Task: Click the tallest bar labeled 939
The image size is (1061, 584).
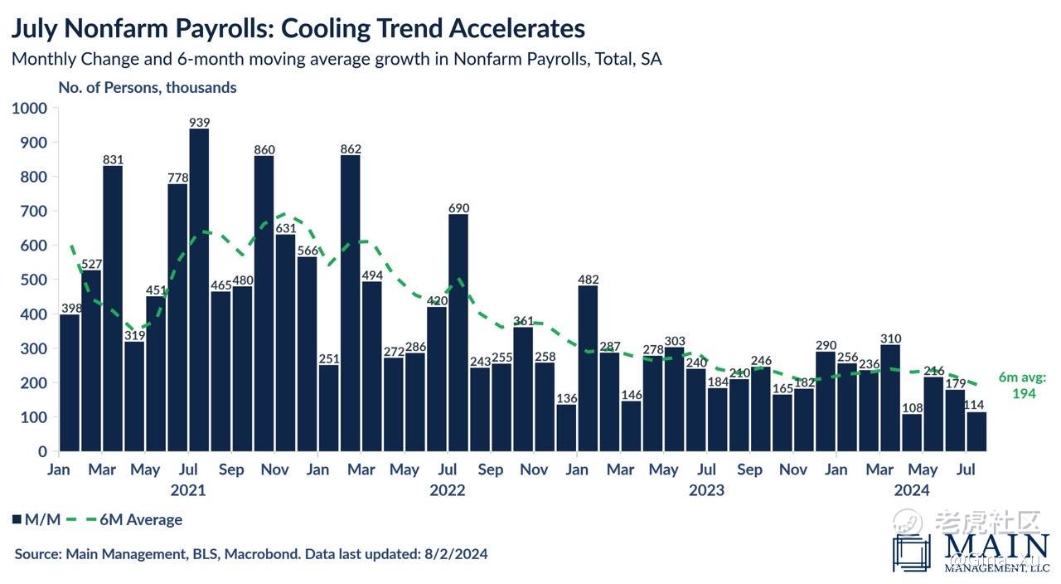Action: tap(199, 290)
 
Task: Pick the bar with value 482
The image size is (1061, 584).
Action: tap(588, 368)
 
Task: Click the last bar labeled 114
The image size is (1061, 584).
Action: tap(976, 431)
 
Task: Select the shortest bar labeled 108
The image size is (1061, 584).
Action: tap(912, 432)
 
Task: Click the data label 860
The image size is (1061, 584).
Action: tap(264, 150)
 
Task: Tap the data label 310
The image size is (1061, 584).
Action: tap(891, 338)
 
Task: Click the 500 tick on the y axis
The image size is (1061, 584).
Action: tap(34, 280)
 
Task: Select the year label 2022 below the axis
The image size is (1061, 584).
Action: tap(448, 490)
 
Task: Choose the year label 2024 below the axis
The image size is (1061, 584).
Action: tap(912, 490)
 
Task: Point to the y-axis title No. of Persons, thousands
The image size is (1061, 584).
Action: tap(147, 87)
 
